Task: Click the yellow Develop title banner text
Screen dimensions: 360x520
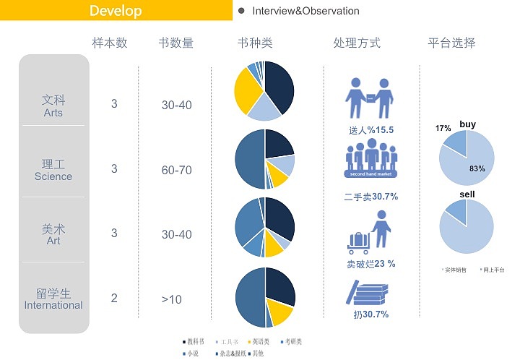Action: [116, 11]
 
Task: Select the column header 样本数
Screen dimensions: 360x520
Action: [110, 43]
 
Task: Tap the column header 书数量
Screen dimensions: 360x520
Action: [176, 43]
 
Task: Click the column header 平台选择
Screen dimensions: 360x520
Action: [452, 43]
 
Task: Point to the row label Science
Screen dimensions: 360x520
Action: [53, 176]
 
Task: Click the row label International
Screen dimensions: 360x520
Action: [53, 305]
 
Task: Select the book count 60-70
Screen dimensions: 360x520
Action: [177, 170]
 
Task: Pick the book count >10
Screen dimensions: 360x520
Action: [172, 299]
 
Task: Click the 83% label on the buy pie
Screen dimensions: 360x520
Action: [477, 168]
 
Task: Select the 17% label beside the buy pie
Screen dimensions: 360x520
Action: [443, 129]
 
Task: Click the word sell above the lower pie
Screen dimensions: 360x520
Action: [467, 195]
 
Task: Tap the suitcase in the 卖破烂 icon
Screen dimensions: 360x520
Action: [358, 240]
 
